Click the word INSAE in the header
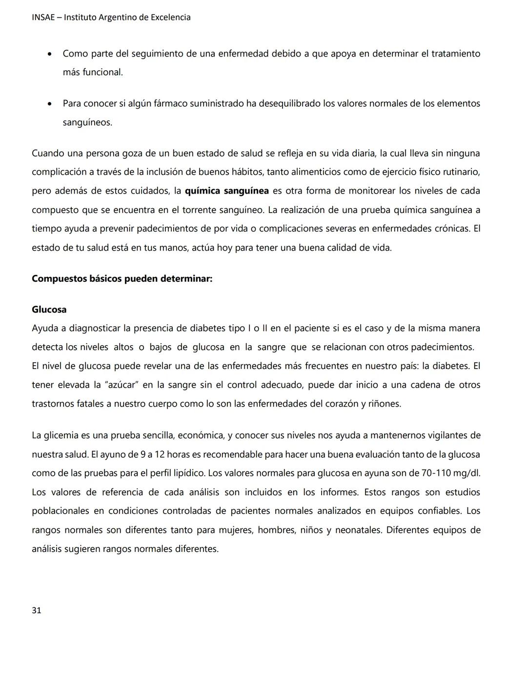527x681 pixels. click(43, 18)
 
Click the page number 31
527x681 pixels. click(37, 610)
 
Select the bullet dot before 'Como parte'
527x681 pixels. click(50, 54)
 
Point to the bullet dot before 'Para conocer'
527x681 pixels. click(50, 104)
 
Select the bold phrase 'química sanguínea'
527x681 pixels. click(227, 191)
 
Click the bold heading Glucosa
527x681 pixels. click(49, 310)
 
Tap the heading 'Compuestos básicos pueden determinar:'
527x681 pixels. click(122, 279)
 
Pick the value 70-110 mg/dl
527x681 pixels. click(453, 473)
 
